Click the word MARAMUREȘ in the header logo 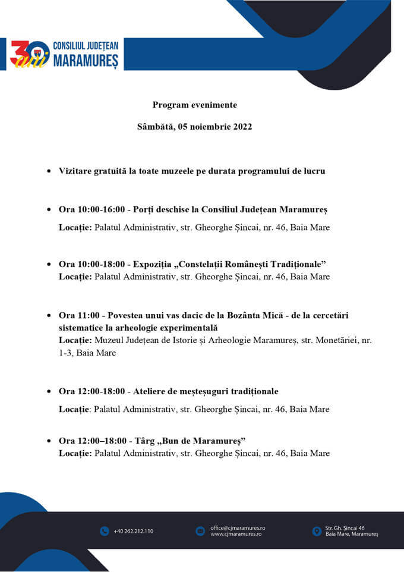tap(86, 61)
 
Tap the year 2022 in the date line tap(241, 127)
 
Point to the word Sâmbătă tap(155, 127)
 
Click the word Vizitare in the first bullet tap(75, 171)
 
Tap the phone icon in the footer tap(105, 531)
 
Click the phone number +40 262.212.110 tap(133, 531)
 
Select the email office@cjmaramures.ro tap(238, 527)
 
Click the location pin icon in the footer tap(316, 531)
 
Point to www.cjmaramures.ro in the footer tap(236, 534)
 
